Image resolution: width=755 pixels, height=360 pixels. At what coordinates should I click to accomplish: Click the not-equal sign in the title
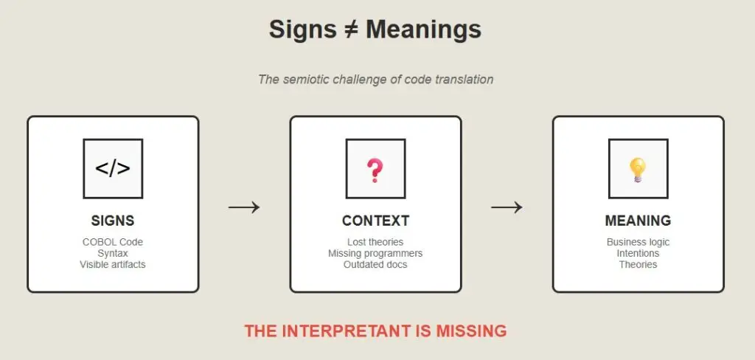(350, 30)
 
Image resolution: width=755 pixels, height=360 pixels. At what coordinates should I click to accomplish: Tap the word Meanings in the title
(423, 30)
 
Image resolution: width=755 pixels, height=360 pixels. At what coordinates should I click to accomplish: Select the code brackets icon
(113, 169)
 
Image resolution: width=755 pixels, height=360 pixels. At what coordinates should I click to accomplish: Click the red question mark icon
(374, 170)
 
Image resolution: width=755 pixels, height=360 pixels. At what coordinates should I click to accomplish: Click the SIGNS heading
(113, 221)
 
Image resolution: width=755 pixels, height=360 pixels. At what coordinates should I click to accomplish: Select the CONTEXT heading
(375, 221)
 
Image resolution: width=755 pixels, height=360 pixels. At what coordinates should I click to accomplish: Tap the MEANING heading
(638, 221)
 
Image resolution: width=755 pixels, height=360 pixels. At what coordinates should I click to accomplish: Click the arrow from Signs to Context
(243, 207)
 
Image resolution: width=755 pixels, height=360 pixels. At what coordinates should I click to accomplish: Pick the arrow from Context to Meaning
(507, 207)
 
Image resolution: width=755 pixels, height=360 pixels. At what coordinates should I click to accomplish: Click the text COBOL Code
(113, 242)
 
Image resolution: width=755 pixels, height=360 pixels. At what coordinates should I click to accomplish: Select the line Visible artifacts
(113, 265)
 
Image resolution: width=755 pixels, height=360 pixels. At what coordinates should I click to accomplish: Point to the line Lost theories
(375, 242)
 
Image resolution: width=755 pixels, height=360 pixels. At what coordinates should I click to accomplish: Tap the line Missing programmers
(375, 254)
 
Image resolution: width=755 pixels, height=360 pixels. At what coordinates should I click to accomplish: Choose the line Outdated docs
(375, 265)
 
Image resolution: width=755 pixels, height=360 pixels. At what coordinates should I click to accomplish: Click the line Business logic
(638, 242)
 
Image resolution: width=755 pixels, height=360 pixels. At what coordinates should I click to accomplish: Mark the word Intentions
(638, 253)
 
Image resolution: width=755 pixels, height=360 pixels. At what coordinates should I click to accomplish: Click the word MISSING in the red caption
(471, 331)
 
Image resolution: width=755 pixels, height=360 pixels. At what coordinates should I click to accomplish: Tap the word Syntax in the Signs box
(113, 254)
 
